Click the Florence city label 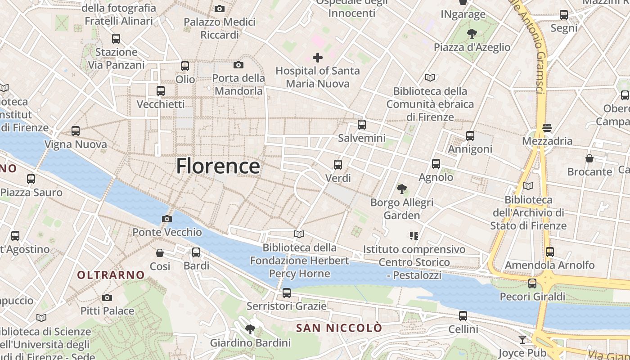coord(218,166)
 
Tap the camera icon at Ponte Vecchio coord(167,219)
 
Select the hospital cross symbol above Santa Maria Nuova coord(318,57)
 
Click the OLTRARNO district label coord(111,275)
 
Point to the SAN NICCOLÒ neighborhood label coord(339,328)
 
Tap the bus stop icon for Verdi coord(338,165)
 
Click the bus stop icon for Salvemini coord(362,125)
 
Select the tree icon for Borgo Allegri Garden coord(402,189)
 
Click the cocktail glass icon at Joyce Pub coord(522,340)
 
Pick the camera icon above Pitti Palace coord(107,297)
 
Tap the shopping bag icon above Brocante coord(589,158)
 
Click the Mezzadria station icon coord(547,128)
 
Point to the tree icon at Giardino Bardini coord(250,329)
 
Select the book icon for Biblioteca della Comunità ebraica coord(430,77)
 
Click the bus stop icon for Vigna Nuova coord(76,131)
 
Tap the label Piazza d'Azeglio coord(472,47)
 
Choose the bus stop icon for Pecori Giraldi coord(532,283)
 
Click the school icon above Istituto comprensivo coord(414,235)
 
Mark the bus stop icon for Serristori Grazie coord(287,293)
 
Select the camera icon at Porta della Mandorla coord(238,65)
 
